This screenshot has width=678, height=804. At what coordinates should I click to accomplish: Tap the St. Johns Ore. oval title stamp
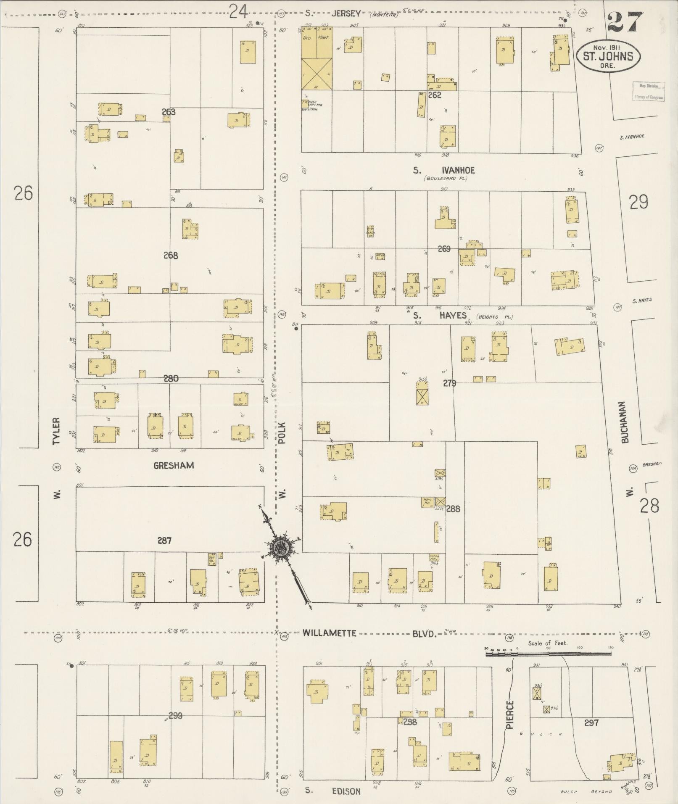608,56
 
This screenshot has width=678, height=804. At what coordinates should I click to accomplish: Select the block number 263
168,112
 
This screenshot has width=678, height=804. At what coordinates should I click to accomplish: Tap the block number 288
453,509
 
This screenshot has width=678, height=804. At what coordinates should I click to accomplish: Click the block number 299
175,715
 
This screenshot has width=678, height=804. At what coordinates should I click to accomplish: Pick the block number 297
591,722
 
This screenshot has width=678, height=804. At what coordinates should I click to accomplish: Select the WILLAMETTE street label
330,633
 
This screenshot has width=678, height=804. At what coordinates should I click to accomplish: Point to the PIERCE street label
509,715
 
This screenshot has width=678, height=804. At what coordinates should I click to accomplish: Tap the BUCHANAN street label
625,422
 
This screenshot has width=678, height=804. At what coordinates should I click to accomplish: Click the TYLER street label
57,431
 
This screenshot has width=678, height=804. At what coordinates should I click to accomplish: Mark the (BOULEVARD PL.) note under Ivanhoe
446,178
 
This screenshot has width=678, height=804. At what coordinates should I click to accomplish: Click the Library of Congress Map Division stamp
649,91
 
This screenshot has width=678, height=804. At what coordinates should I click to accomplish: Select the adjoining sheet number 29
638,203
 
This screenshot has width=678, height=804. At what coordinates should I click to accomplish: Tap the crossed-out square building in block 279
422,397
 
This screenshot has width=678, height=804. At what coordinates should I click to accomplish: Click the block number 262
434,95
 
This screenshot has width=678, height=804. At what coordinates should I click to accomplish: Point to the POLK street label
282,433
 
